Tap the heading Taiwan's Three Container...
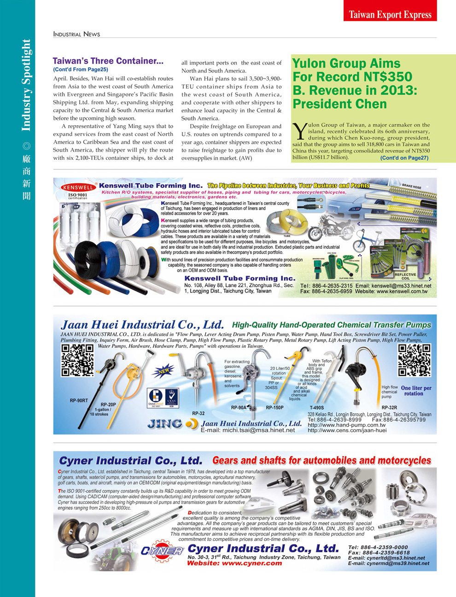click(x=108, y=61)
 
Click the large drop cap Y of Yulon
click(x=299, y=131)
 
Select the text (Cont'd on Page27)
click(x=404, y=158)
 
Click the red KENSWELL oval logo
click(x=78, y=187)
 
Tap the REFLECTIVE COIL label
click(x=405, y=276)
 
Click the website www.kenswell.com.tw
click(x=402, y=292)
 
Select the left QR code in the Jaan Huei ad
click(x=77, y=359)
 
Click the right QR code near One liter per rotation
click(x=414, y=360)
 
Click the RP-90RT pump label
click(x=79, y=401)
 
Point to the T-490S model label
click(x=316, y=408)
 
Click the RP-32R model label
click(x=389, y=408)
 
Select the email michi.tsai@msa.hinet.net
click(x=248, y=430)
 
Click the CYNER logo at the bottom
click(x=162, y=551)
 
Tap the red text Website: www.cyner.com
click(x=234, y=563)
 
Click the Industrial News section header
click(x=76, y=34)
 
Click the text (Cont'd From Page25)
click(x=81, y=70)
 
